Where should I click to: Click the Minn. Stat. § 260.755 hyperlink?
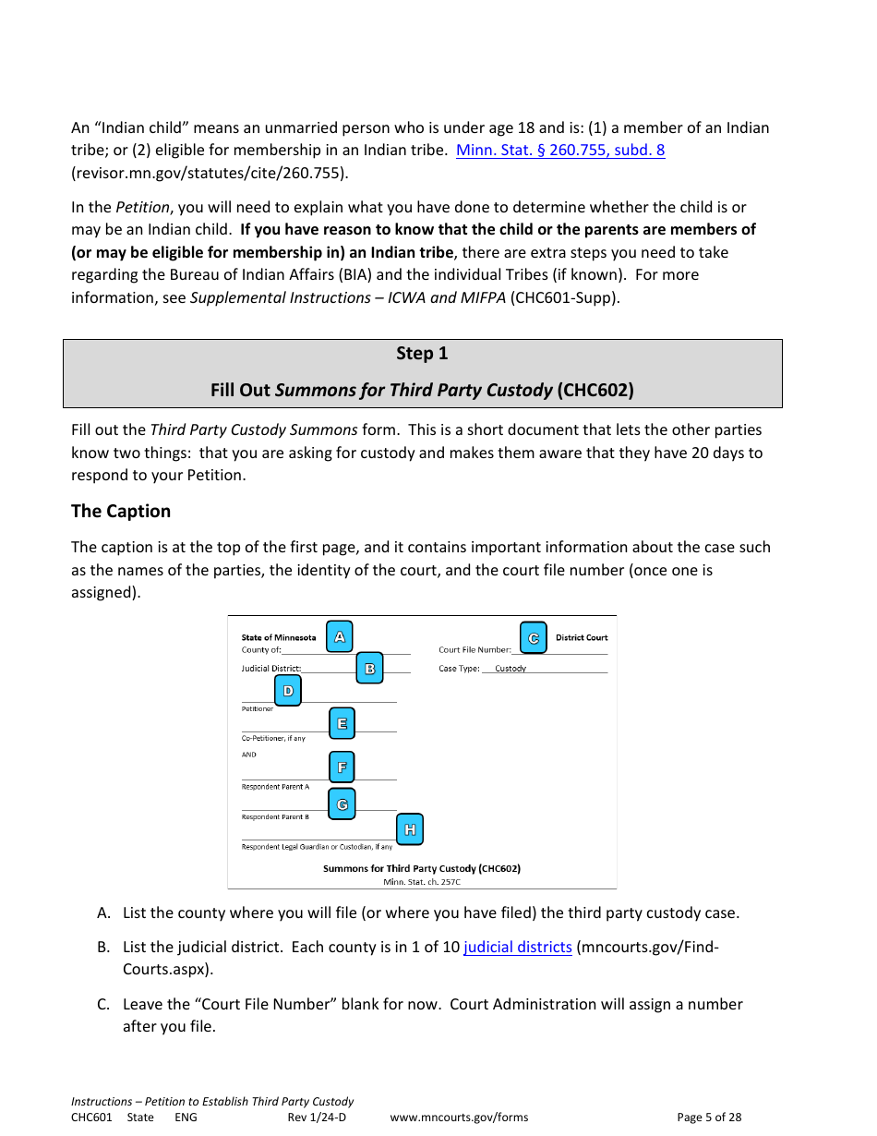[560, 150]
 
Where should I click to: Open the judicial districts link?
[517, 947]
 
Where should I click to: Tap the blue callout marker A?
[340, 636]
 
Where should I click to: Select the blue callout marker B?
[369, 669]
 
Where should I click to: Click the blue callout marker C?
[533, 637]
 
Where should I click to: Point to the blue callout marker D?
[288, 690]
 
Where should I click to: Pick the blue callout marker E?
[342, 723]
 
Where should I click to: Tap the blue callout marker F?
[342, 767]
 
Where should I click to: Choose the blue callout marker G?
[342, 804]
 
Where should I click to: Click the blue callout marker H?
[410, 829]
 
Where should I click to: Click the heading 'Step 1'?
[422, 353]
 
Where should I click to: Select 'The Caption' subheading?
[121, 511]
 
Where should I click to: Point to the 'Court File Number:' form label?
[475, 649]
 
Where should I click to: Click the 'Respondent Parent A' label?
[275, 787]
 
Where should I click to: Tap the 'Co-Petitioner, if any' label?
[273, 738]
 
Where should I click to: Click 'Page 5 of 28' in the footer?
[709, 1117]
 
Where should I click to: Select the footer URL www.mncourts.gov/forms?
[459, 1117]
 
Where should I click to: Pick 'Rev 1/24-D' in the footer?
[317, 1117]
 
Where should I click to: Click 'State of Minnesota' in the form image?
[279, 637]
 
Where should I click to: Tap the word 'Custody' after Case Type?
[511, 669]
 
